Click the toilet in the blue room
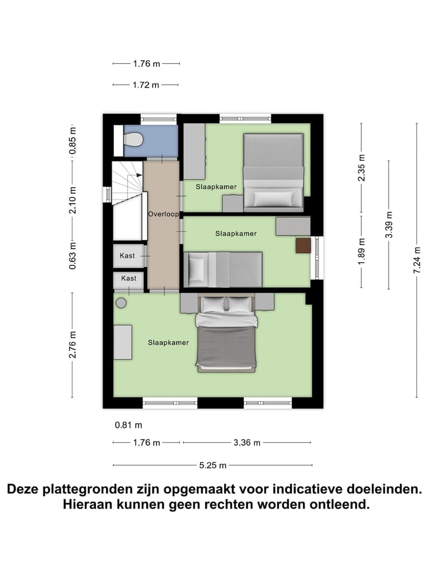[133, 139]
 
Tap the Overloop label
[163, 214]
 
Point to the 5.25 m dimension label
[214, 465]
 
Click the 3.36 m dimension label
[246, 443]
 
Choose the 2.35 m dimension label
[361, 168]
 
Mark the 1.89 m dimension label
[361, 250]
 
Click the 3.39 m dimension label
[388, 225]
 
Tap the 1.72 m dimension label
[145, 85]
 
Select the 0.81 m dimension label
[129, 425]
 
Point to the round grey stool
[121, 303]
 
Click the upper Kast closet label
[128, 256]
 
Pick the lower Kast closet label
[129, 278]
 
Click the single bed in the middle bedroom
[224, 269]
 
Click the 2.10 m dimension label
[72, 200]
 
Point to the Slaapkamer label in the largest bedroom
[169, 343]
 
